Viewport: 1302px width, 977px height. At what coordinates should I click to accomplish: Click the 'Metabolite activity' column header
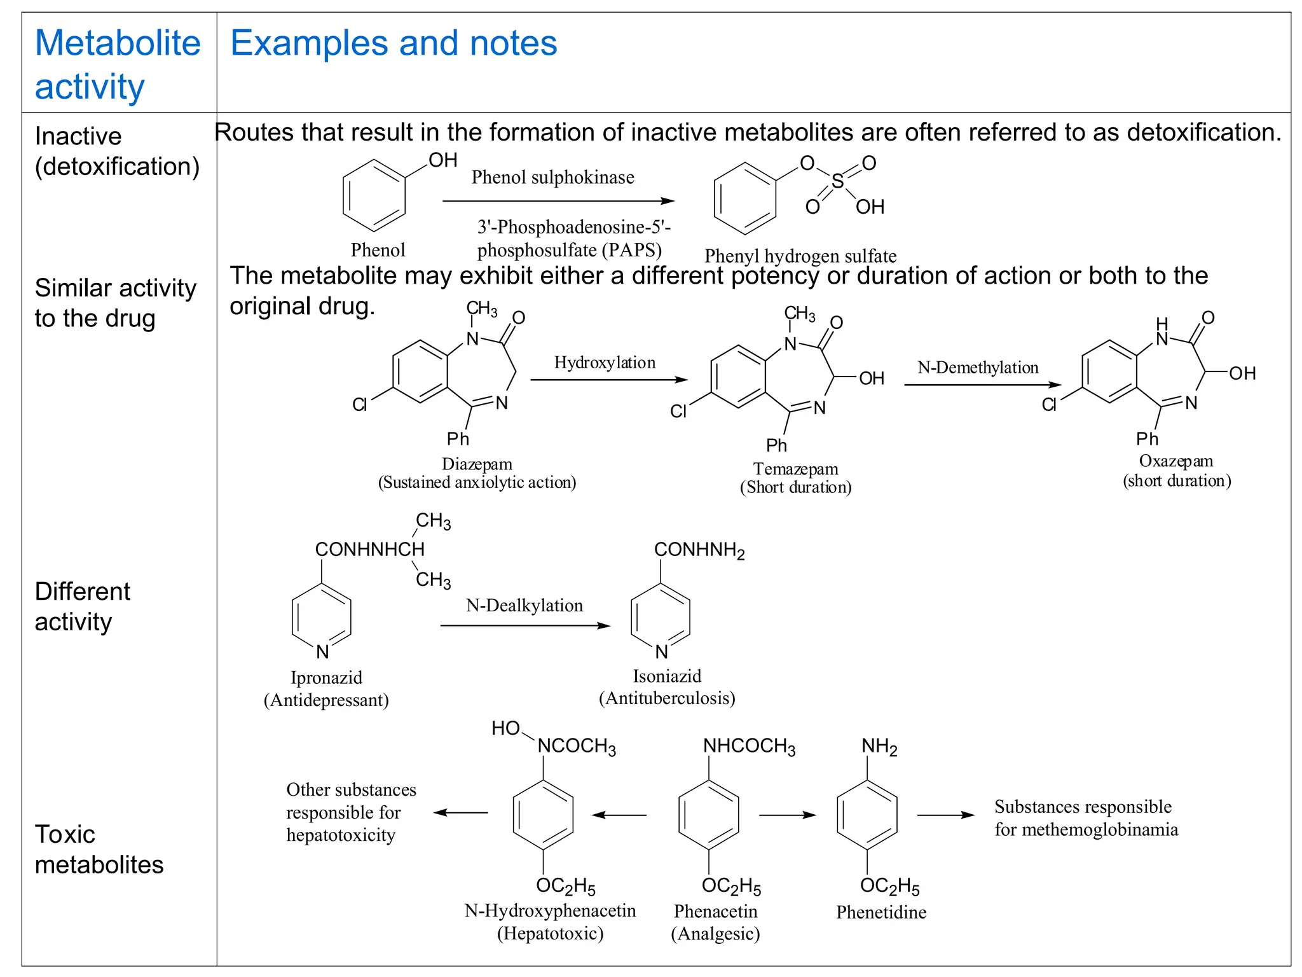point(118,64)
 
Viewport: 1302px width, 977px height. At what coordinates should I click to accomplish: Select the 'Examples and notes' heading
point(393,43)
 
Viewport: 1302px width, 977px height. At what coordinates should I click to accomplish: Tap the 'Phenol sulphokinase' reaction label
point(552,177)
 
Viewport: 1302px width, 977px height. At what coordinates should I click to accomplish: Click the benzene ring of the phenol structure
point(374,196)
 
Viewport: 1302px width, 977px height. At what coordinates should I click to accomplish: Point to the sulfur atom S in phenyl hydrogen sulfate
point(838,182)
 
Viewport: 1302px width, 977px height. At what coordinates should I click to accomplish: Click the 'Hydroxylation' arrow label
point(605,363)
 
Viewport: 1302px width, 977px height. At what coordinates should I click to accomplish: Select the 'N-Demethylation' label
point(978,368)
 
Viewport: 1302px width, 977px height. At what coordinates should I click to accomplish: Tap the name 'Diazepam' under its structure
point(477,464)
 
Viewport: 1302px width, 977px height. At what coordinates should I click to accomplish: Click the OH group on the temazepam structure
point(871,378)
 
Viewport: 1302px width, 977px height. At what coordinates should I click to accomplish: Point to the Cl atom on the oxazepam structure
point(1049,405)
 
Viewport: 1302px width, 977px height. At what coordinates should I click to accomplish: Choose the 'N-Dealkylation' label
point(524,605)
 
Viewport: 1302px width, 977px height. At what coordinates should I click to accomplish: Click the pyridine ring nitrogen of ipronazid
point(322,651)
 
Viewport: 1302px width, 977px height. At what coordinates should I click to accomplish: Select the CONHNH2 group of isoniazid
point(699,550)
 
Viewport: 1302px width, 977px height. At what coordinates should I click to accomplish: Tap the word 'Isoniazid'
point(667,676)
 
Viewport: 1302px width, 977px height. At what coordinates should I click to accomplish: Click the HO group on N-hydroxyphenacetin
point(505,728)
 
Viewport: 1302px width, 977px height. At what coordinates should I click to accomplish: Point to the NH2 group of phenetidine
point(879,747)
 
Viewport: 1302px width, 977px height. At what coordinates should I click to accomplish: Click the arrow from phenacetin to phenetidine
point(787,815)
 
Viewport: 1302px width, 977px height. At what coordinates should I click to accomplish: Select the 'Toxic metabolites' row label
point(99,849)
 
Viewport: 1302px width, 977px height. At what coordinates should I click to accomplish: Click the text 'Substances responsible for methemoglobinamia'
point(1085,818)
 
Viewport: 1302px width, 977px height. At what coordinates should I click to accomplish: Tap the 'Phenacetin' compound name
point(715,911)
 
